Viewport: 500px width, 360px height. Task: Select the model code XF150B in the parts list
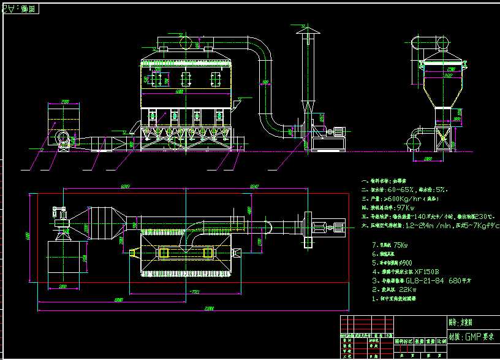pos(426,270)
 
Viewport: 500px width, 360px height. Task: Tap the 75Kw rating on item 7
pos(400,244)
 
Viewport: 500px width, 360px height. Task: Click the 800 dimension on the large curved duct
pos(265,82)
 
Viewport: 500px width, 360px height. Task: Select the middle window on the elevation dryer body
pos(186,77)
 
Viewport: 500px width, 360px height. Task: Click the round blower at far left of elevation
pos(62,138)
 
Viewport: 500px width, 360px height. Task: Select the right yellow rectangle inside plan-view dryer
pos(208,253)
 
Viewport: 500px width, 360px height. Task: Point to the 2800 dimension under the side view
pos(428,159)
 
